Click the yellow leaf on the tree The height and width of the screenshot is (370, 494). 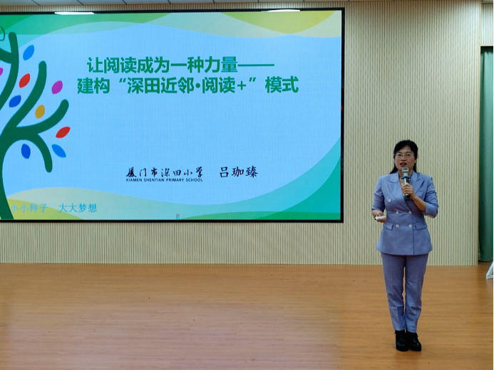40,111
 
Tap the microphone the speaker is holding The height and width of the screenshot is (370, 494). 405,175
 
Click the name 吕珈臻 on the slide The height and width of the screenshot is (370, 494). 238,171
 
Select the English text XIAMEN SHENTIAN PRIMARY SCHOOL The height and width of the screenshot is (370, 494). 164,180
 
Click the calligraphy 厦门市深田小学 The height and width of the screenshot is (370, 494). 164,171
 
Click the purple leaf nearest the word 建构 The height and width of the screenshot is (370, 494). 57,88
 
